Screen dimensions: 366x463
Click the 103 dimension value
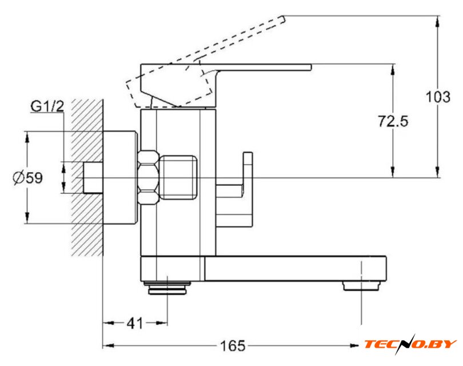(438, 97)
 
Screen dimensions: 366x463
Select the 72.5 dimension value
(393, 121)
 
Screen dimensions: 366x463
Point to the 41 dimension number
(135, 323)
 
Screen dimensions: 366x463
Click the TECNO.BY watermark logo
(410, 344)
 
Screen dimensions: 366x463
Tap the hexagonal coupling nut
(149, 177)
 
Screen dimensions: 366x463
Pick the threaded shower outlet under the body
(167, 288)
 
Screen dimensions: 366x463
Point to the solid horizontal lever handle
(263, 67)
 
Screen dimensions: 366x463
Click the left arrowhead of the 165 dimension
(107, 346)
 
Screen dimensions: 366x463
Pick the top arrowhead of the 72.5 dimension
(393, 69)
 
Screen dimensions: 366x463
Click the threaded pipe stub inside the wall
(92, 177)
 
